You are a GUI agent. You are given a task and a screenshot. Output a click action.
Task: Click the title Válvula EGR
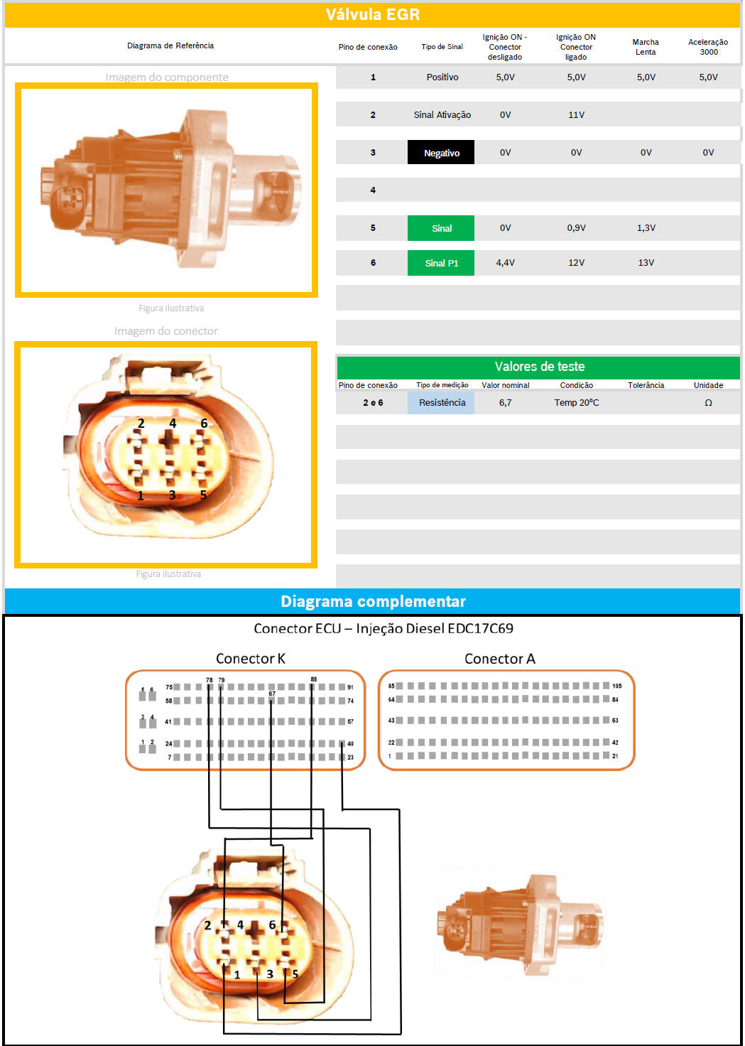pos(372,14)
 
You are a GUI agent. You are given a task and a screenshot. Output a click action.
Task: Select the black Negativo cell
pos(440,152)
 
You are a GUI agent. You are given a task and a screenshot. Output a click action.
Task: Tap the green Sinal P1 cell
pos(440,263)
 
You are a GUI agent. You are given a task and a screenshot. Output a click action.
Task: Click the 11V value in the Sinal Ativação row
pos(576,115)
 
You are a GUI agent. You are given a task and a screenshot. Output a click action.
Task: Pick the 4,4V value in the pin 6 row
pos(505,263)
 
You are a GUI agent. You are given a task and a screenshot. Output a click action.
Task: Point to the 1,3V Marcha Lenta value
pos(646,228)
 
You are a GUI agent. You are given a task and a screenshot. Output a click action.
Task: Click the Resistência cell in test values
pos(442,402)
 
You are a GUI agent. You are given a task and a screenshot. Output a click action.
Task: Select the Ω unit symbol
pos(708,402)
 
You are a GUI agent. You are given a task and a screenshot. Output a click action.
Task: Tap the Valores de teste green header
pos(539,367)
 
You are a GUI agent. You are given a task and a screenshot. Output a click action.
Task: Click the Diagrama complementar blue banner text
pos(373,601)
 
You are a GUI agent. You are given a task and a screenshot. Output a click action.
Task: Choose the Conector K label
pos(250,659)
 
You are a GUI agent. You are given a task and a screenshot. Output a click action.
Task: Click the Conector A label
pos(499,659)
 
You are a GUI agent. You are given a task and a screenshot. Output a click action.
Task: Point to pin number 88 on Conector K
pos(314,679)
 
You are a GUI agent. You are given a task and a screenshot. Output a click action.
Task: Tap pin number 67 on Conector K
pos(272,694)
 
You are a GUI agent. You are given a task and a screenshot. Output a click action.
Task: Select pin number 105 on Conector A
pos(616,686)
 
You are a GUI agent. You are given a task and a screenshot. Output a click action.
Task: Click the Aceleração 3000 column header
pos(708,47)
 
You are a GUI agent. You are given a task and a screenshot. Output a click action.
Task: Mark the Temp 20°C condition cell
pos(576,402)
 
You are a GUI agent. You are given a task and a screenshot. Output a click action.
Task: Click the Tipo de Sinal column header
pos(442,47)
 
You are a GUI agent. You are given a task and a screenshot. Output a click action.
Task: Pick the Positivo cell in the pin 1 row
pos(442,77)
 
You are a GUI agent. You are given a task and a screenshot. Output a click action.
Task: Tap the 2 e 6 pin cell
pos(373,402)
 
